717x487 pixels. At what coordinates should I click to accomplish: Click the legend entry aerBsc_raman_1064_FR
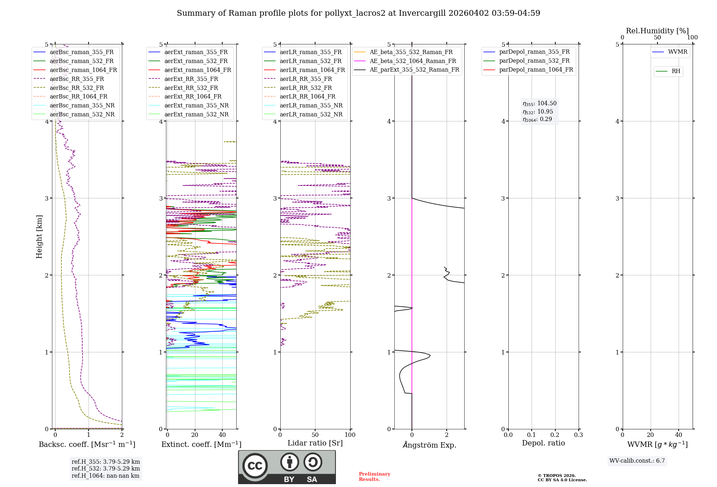pos(83,70)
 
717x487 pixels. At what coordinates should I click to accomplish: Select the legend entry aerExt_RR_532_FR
pos(191,88)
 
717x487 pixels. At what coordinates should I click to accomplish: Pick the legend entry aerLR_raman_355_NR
pos(311,106)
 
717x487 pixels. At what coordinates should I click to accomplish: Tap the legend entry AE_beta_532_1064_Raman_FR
pos(413,61)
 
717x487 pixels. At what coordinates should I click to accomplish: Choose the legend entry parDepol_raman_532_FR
pos(534,61)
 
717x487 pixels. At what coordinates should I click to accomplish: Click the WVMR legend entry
pos(678,52)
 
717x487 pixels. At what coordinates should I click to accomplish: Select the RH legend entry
pos(676,71)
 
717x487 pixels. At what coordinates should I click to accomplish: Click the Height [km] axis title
pos(39,237)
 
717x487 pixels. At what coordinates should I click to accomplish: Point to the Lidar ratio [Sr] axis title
pos(315,443)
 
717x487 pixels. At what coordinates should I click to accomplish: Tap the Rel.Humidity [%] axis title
pos(657,31)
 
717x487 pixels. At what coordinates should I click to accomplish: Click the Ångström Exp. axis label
pos(429,445)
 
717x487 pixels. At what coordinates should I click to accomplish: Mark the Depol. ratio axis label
pos(543,443)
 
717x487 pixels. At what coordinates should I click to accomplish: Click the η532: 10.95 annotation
pos(538,112)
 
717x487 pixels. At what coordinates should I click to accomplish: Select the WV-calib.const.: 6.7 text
pos(637,461)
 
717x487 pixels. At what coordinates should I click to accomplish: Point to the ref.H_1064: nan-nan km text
pos(105,476)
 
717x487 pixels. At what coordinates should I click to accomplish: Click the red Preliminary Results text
pos(374,477)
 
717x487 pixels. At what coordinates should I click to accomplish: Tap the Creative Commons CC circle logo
pos(255,466)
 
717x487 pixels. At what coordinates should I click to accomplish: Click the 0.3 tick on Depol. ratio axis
pos(578,435)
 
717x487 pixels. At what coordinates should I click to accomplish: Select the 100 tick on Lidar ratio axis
pos(350,435)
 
